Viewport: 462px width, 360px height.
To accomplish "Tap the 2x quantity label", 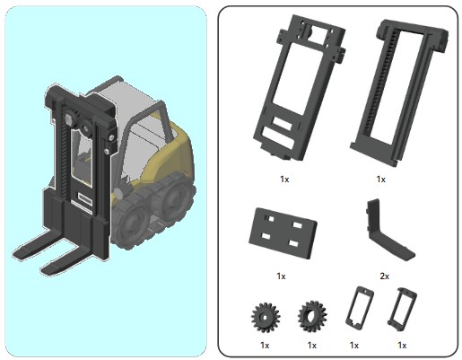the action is tap(385, 276).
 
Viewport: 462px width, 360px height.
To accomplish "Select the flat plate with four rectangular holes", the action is tap(283, 233).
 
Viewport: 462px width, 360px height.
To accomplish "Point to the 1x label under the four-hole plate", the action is tap(281, 276).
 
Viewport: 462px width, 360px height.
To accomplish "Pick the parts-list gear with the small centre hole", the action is tap(265, 317).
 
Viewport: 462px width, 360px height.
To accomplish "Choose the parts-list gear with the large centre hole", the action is tap(312, 317).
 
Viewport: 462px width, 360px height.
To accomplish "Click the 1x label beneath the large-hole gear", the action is tap(312, 346).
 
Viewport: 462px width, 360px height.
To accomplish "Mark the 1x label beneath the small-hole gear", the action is tap(265, 346).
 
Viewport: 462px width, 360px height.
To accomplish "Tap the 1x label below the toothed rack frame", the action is tap(380, 179).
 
